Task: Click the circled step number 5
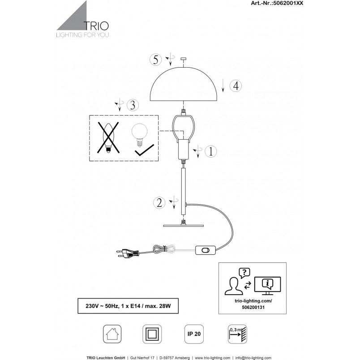[x=156, y=60]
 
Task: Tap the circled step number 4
[x=236, y=86]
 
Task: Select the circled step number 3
[x=133, y=105]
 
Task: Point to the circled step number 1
[x=210, y=151]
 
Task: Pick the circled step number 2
[x=159, y=203]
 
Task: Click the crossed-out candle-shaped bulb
[x=108, y=137]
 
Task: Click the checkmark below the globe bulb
[x=144, y=150]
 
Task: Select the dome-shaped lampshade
[x=184, y=84]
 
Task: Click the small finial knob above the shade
[x=184, y=59]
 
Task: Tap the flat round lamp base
[x=184, y=226]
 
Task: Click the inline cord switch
[x=205, y=250]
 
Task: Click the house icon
[x=112, y=334]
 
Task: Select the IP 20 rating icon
[x=194, y=334]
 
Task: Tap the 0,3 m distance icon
[x=237, y=334]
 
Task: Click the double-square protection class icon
[x=152, y=334]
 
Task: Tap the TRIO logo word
[x=96, y=26]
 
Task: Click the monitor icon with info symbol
[x=267, y=285]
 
